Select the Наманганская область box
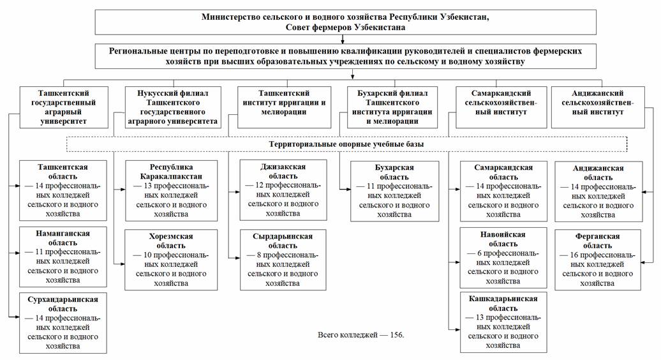pyautogui.click(x=63, y=255)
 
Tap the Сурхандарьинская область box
pyautogui.click(x=63, y=322)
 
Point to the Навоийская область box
pyautogui.click(x=502, y=258)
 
